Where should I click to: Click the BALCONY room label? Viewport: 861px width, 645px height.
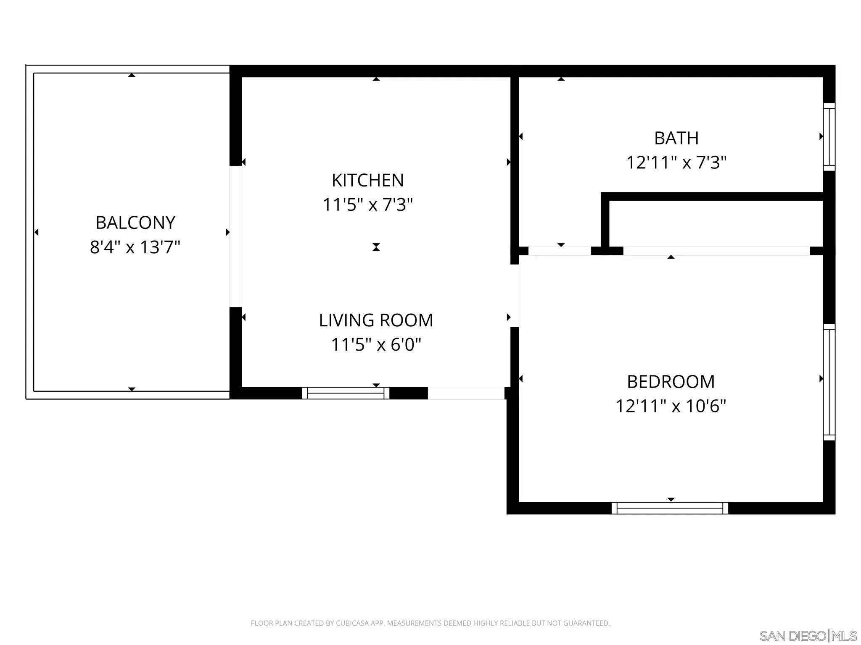pyautogui.click(x=135, y=223)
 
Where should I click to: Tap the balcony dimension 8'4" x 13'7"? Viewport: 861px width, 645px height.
pyautogui.click(x=135, y=247)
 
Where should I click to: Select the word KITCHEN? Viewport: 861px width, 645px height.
pyautogui.click(x=368, y=180)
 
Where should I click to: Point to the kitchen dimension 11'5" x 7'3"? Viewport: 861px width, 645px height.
pyautogui.click(x=368, y=205)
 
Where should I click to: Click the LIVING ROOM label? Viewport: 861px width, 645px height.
pyautogui.click(x=376, y=320)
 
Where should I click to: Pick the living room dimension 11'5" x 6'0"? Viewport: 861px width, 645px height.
pyautogui.click(x=376, y=344)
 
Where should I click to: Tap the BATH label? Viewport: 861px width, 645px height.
pyautogui.click(x=676, y=138)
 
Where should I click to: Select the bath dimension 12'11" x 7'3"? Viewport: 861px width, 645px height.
pyautogui.click(x=676, y=162)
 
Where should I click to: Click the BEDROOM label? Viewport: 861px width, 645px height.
pyautogui.click(x=671, y=382)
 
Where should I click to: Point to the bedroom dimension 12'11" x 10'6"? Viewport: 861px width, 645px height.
pyautogui.click(x=671, y=406)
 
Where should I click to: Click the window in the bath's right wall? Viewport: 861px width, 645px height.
pyautogui.click(x=829, y=137)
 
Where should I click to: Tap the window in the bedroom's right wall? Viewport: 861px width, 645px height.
pyautogui.click(x=829, y=382)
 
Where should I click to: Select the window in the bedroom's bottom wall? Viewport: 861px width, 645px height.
pyautogui.click(x=670, y=508)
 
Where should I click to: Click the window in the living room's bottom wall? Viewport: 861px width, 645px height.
pyautogui.click(x=346, y=393)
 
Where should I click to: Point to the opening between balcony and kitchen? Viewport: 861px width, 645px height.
pyautogui.click(x=235, y=236)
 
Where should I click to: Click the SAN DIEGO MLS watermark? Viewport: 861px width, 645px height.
pyautogui.click(x=808, y=636)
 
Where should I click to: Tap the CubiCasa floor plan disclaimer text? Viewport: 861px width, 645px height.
pyautogui.click(x=430, y=623)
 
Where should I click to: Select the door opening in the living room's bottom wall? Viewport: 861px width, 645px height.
pyautogui.click(x=466, y=393)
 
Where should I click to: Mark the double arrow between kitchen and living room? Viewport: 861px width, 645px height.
pyautogui.click(x=376, y=247)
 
